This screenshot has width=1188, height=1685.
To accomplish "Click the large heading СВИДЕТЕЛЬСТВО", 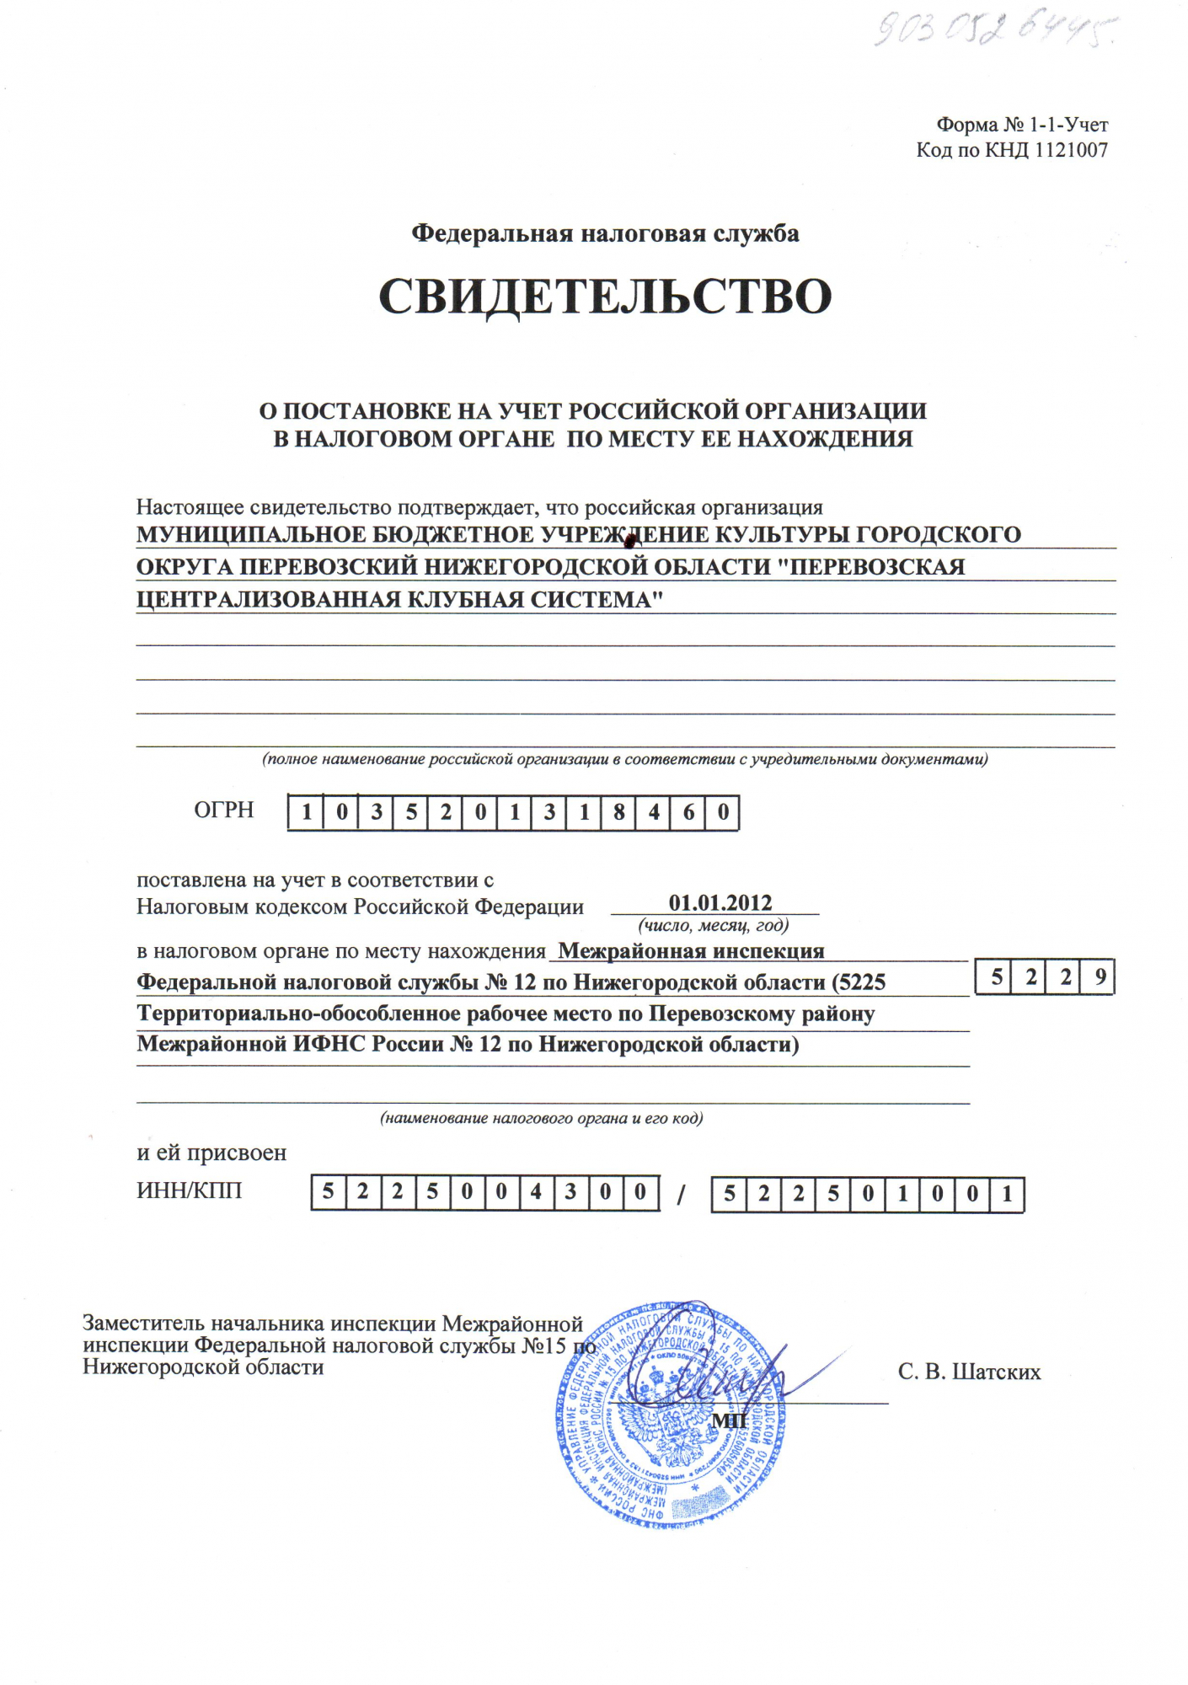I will point(605,297).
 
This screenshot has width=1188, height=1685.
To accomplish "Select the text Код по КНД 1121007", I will point(1012,151).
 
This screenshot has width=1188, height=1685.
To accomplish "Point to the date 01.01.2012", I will point(720,903).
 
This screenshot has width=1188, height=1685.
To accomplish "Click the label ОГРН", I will point(224,810).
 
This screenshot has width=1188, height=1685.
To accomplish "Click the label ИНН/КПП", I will point(190,1190).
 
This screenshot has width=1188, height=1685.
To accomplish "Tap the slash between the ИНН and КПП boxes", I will point(682,1195).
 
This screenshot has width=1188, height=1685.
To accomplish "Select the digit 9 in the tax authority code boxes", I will point(1100,978).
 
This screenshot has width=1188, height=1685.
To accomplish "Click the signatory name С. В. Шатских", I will point(969,1372).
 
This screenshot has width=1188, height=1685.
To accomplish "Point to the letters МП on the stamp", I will point(730,1421).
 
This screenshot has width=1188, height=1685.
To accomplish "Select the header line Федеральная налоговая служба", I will point(605,233).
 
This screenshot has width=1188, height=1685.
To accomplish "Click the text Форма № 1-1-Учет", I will point(1022,126).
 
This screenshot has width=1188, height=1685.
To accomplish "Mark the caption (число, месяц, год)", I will point(714,925).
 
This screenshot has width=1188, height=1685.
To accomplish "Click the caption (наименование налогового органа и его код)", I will point(541,1119).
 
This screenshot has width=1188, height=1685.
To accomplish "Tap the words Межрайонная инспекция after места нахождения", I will point(691,951).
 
